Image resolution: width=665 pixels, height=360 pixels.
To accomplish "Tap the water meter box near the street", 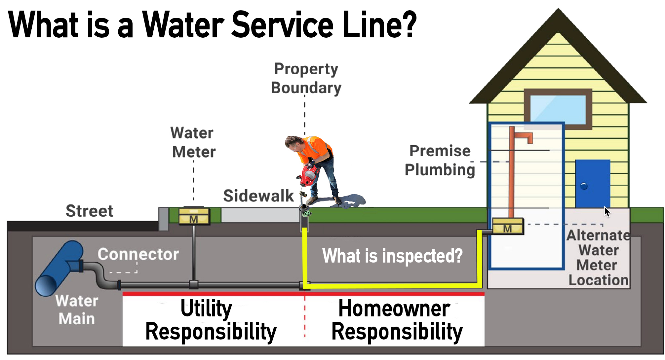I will tap(194, 216).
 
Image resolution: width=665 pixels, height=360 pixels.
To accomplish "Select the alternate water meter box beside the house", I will tap(508, 227).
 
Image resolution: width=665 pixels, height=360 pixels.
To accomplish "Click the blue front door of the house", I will tap(593, 183).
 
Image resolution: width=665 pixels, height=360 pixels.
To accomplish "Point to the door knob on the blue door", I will tap(584, 186).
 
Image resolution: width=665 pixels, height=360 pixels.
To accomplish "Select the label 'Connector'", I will tap(138, 254).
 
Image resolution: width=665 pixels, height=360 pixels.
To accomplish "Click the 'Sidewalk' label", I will tap(258, 196).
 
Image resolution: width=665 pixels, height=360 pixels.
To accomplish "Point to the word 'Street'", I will tap(89, 211).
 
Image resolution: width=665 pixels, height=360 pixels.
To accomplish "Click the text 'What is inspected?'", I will tap(392, 256).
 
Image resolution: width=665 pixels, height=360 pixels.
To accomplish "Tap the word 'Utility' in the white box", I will tap(206, 308).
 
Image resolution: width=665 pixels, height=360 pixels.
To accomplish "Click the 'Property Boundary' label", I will tap(306, 79).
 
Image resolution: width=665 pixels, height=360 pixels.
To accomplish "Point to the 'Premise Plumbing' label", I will tap(440, 161).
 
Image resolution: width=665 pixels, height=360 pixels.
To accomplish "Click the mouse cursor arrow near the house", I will tap(606, 211).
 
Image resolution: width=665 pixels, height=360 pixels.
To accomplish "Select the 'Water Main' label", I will tap(77, 310).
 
